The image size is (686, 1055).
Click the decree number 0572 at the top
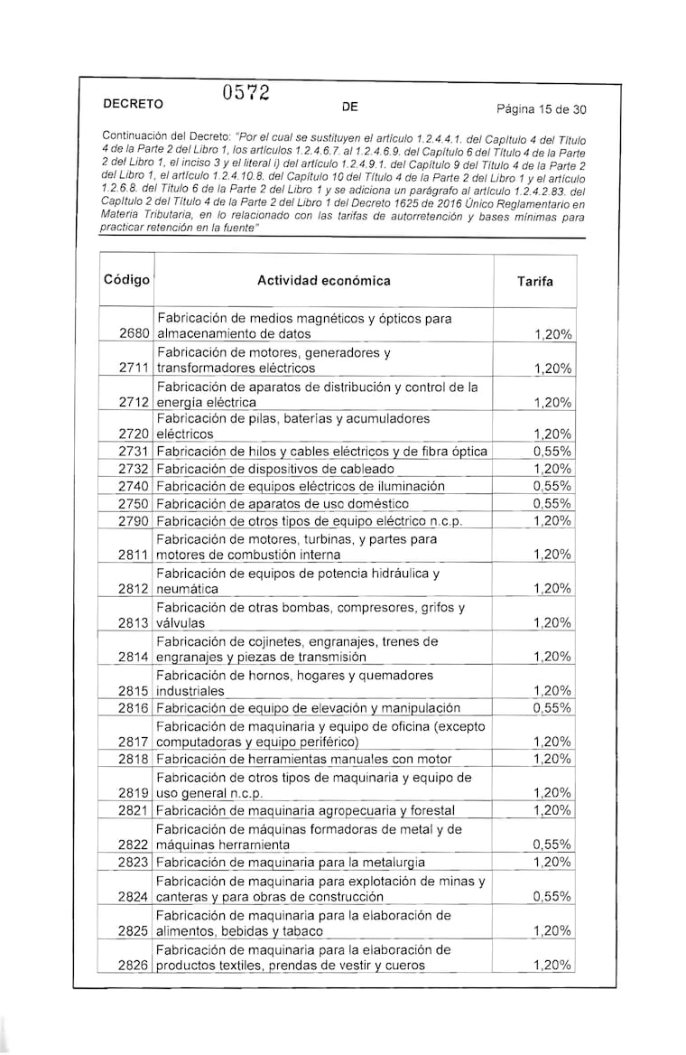[x=245, y=93]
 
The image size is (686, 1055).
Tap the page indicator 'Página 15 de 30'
[x=542, y=110]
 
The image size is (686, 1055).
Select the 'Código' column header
[x=126, y=280]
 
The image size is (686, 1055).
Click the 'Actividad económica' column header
[x=324, y=281]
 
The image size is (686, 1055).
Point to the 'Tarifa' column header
[x=535, y=282]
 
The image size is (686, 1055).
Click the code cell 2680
[x=134, y=334]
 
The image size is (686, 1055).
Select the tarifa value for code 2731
[x=552, y=452]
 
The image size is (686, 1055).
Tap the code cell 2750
[x=134, y=503]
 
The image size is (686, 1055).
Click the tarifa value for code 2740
[x=552, y=486]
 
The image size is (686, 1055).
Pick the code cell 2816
[x=134, y=708]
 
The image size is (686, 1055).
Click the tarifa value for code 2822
[x=552, y=845]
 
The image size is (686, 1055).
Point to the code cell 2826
[x=134, y=966]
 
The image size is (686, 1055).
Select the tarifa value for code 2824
[x=552, y=897]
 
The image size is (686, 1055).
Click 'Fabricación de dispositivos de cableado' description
[x=275, y=469]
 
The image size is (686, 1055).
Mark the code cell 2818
[x=134, y=760]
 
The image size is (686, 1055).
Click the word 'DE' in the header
[x=350, y=107]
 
